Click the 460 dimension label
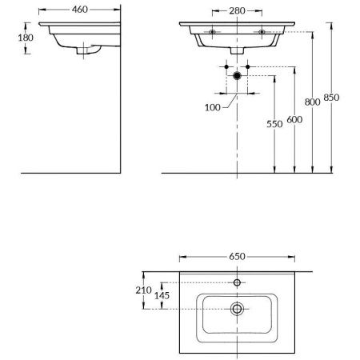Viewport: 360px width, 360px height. tap(80, 10)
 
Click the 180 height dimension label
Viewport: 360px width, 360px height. tap(26, 38)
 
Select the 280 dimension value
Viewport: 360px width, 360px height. tap(237, 11)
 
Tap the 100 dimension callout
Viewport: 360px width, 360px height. tap(213, 108)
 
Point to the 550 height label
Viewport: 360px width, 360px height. tap(274, 124)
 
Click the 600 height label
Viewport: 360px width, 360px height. tap(294, 120)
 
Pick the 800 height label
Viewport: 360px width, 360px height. tap(313, 102)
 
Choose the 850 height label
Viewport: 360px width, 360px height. tap(331, 98)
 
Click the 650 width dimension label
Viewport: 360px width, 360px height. tap(237, 257)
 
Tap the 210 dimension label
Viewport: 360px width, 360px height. tap(143, 290)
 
